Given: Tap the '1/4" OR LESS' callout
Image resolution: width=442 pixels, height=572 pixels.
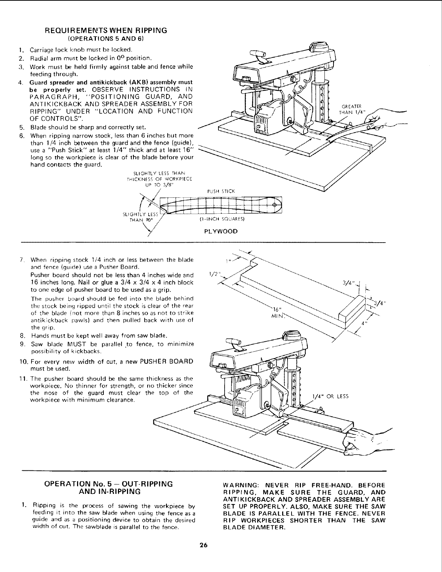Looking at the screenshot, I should [330, 396].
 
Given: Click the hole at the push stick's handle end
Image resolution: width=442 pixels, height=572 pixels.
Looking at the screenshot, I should [273, 205].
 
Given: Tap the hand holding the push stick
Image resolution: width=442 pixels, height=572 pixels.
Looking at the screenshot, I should [373, 123].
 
